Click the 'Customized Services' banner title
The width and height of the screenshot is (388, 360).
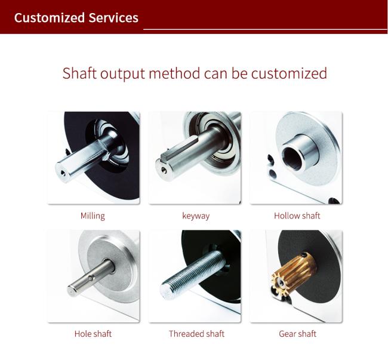76,18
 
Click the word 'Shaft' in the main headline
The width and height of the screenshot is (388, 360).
79,73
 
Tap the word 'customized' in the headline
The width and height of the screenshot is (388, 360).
289,73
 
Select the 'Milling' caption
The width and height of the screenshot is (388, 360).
93,216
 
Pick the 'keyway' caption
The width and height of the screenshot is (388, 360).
196,216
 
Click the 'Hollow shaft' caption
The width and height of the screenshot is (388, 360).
297,216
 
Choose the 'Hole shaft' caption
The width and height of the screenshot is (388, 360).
93,334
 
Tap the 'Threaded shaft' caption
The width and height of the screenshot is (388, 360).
197,334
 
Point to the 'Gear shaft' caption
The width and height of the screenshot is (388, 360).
297,334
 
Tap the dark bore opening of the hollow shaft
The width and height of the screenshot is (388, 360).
292,158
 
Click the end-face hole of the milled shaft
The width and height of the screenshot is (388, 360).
63,173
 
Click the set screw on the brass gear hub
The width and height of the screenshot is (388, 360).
305,254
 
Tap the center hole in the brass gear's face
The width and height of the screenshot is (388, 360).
280,284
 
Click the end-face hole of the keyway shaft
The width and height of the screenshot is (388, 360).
164,170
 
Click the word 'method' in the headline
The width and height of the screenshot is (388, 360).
174,73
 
